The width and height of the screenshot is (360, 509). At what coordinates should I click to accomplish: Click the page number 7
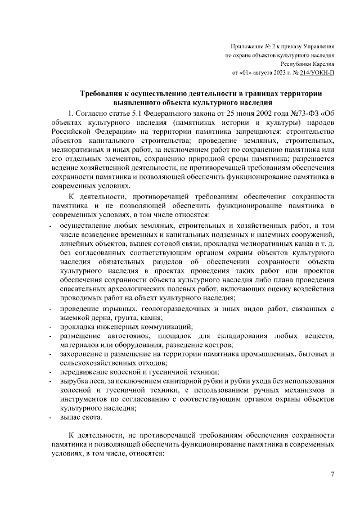click(332, 476)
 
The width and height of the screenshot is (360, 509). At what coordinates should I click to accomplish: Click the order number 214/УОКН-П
click(317, 73)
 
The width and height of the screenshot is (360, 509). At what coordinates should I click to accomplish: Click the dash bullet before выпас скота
click(51, 418)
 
